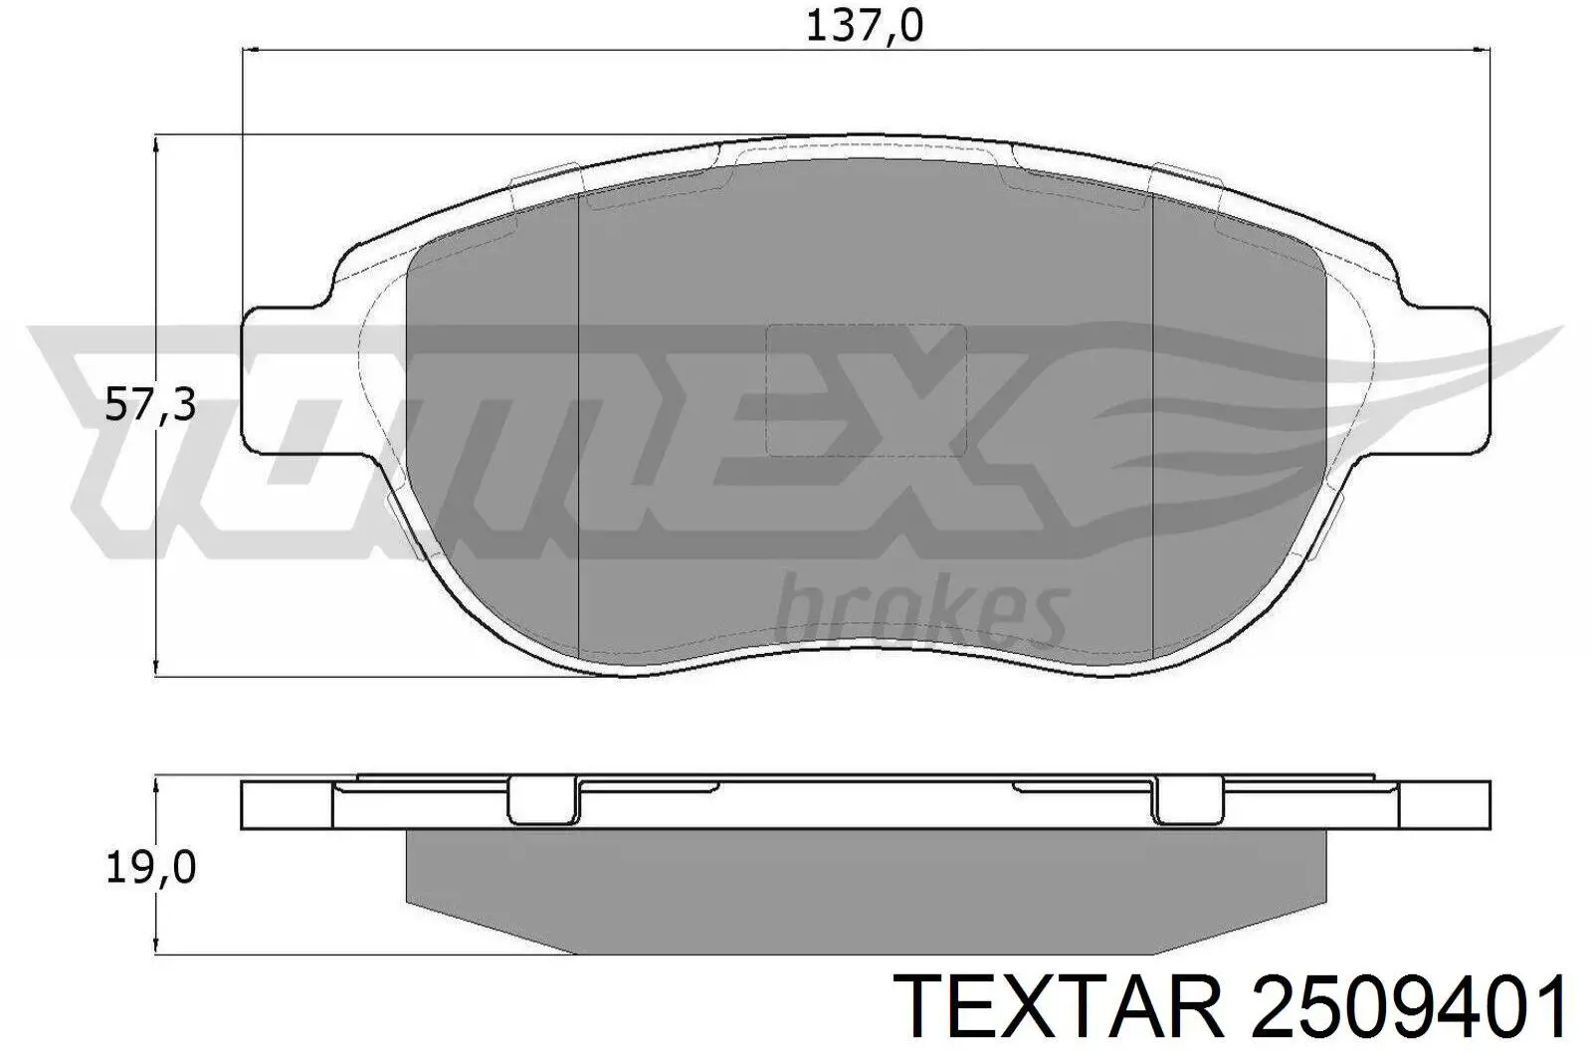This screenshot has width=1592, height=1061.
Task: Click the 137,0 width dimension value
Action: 864,27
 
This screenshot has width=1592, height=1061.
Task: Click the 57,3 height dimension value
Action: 150,406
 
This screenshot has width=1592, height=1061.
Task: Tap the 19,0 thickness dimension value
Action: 150,869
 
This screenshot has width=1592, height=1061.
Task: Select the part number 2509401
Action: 1407,1006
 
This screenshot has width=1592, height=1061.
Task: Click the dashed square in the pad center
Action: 865,390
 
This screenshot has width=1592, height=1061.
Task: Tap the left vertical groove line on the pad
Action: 578,428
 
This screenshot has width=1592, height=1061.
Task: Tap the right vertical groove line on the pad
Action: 1152,428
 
